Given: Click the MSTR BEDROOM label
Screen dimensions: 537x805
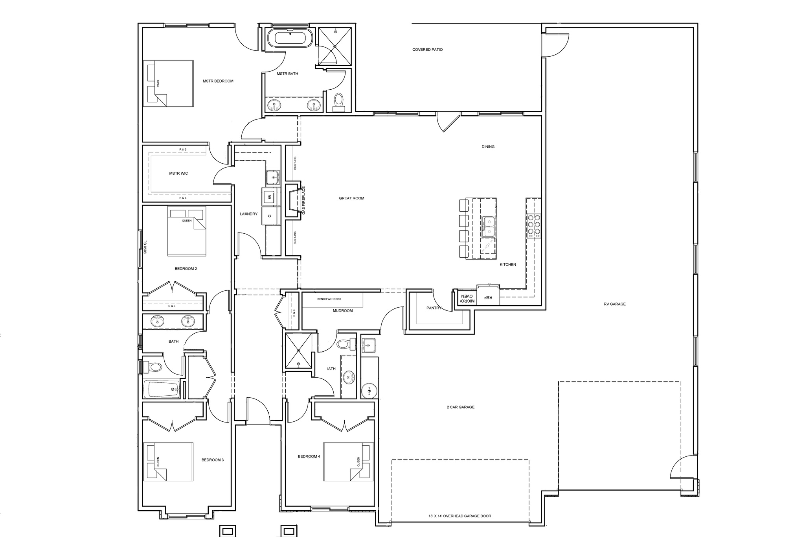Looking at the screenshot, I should pos(218,81).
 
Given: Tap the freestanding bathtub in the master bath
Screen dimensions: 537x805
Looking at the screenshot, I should pos(290,39).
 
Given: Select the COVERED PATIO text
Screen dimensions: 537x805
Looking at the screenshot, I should pos(427,50).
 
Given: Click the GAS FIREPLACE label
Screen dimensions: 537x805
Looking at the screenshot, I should pos(303,200).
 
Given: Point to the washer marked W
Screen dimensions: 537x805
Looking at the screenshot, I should pos(270,196).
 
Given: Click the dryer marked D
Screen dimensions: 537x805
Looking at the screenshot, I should pos(270,216).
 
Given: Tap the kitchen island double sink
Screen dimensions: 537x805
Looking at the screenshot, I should pos(489,227).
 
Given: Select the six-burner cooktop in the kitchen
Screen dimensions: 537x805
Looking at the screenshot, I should pos(534,226).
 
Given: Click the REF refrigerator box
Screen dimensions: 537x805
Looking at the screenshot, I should pos(488,298).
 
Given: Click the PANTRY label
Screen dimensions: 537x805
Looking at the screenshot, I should pos(434,308).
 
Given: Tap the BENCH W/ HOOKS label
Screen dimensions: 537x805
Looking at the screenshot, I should pos(329,299).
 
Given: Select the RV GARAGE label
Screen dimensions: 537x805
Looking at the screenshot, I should pos(614,304).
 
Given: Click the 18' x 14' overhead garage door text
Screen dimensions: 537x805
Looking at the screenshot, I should pos(459,516).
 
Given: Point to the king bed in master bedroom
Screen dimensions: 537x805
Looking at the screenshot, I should pos(169,83).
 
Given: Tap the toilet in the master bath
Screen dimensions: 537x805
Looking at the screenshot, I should pos(338,101).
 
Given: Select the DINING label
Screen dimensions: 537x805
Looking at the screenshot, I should pos(488,147).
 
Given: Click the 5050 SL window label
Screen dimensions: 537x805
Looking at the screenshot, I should pos(145,247).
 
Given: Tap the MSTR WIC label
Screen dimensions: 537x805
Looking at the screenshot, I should pos(178,173).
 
